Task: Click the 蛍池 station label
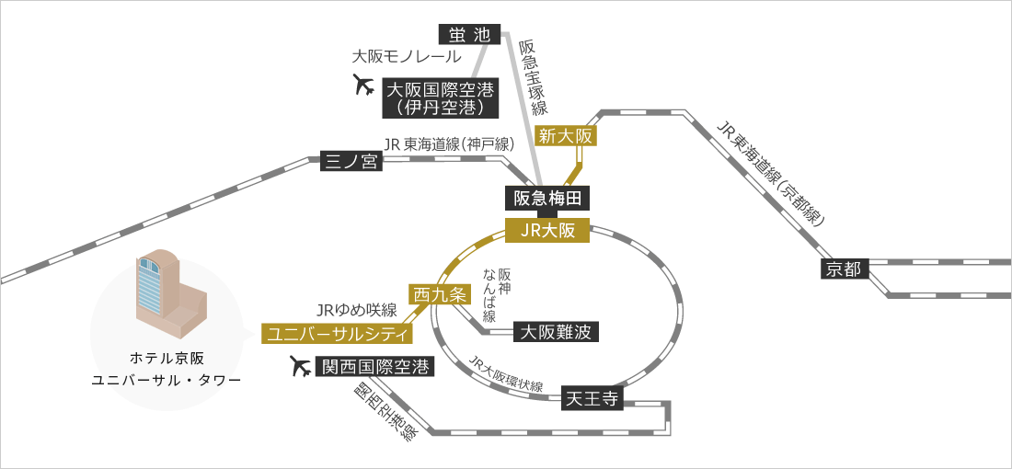470,35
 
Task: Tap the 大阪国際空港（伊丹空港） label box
440,97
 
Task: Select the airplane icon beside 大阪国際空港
364,86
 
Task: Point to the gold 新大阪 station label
567,136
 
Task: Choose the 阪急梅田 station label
546,198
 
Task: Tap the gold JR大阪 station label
547,231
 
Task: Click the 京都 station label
844,269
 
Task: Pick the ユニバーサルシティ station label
338,332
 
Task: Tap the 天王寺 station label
594,399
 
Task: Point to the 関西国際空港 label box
373,367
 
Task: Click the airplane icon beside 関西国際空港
300,366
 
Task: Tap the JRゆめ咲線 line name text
356,309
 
